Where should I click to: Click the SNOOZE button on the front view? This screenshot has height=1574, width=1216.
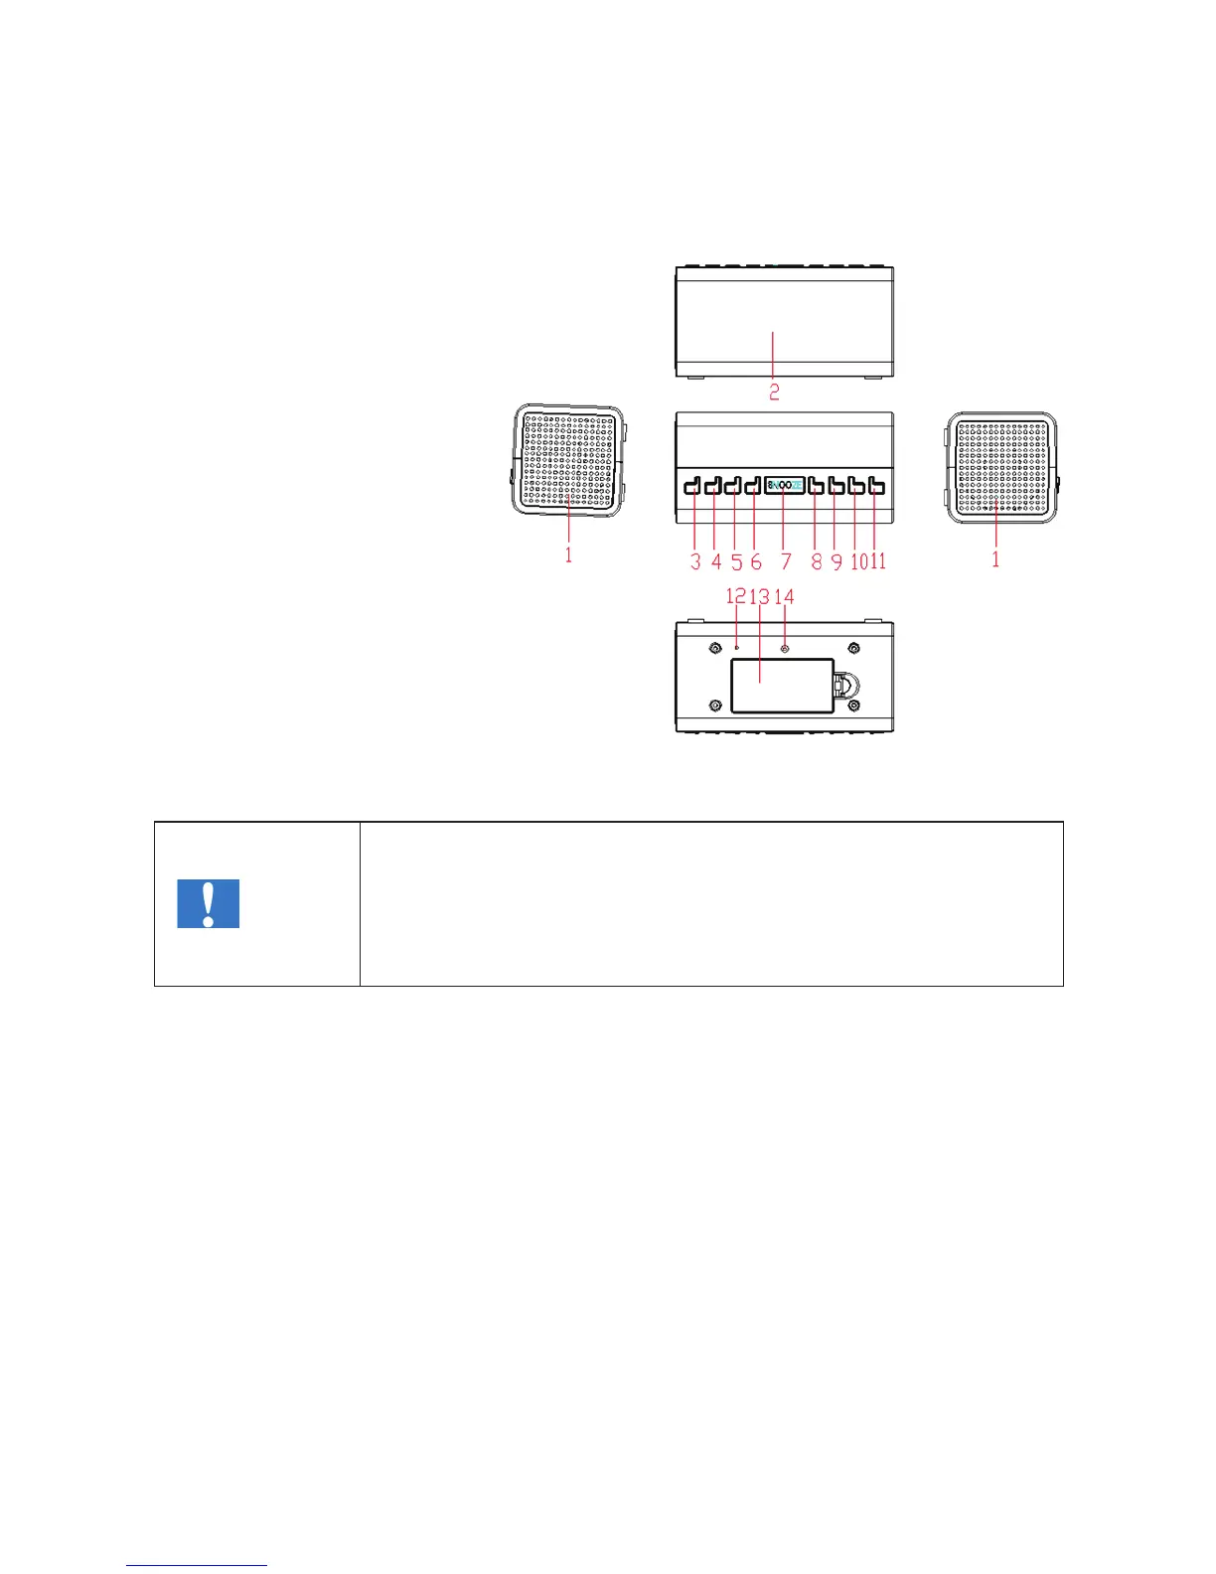click(785, 486)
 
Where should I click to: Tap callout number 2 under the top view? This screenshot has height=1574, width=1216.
click(774, 392)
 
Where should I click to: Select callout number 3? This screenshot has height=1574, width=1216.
click(695, 561)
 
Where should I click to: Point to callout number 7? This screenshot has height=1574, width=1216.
click(786, 561)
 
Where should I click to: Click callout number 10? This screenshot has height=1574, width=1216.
click(857, 561)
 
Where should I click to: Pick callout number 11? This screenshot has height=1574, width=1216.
click(878, 561)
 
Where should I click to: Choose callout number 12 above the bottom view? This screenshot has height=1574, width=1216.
click(735, 596)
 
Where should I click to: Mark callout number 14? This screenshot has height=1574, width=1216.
click(785, 596)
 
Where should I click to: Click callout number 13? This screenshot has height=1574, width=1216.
click(760, 596)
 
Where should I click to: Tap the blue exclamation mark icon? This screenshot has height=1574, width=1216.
click(208, 903)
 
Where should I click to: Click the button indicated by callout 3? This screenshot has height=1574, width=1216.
click(692, 486)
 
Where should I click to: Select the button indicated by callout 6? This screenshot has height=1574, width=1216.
click(752, 486)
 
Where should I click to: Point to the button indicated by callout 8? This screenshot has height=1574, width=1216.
click(816, 486)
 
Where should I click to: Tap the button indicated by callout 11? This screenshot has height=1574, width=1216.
click(876, 486)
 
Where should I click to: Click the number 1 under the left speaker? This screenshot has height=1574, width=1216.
click(568, 555)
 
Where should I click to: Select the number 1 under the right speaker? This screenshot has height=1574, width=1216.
click(995, 559)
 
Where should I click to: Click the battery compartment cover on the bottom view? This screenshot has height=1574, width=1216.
click(782, 686)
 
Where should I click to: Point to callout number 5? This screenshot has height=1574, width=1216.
click(736, 561)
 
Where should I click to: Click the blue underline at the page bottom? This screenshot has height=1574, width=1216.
click(197, 1566)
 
